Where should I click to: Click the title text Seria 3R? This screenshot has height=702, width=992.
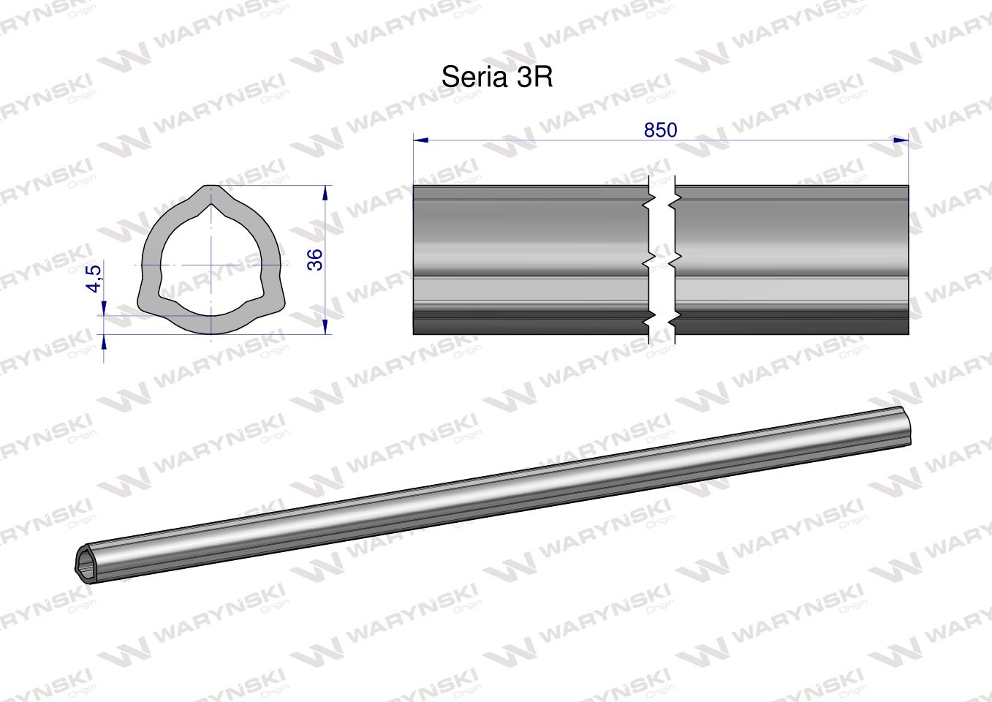pyautogui.click(x=497, y=78)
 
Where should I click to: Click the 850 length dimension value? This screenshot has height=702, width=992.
pyautogui.click(x=660, y=129)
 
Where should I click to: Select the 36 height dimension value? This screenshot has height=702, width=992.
pyautogui.click(x=315, y=260)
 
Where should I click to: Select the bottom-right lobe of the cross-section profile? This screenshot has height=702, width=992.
pyautogui.click(x=275, y=300)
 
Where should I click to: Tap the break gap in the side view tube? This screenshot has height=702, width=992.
pyautogui.click(x=662, y=260)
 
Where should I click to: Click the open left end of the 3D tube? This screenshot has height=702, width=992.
pyautogui.click(x=86, y=564)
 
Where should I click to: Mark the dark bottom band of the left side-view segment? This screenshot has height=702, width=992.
pyautogui.click(x=530, y=325)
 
